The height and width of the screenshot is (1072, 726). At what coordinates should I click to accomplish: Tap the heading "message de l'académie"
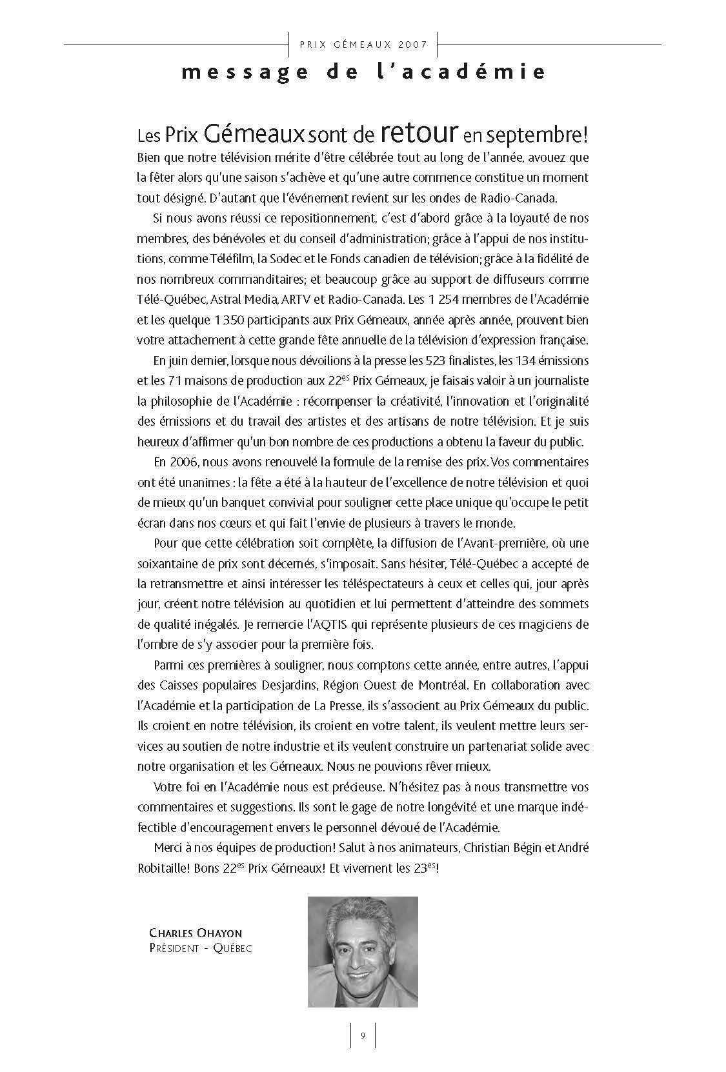tap(363, 72)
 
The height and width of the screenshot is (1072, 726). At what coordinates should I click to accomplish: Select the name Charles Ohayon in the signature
tap(196, 933)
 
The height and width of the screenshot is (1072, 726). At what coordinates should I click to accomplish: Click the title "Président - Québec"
tap(200, 948)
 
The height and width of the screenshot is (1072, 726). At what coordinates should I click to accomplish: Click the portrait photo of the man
tap(363, 951)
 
